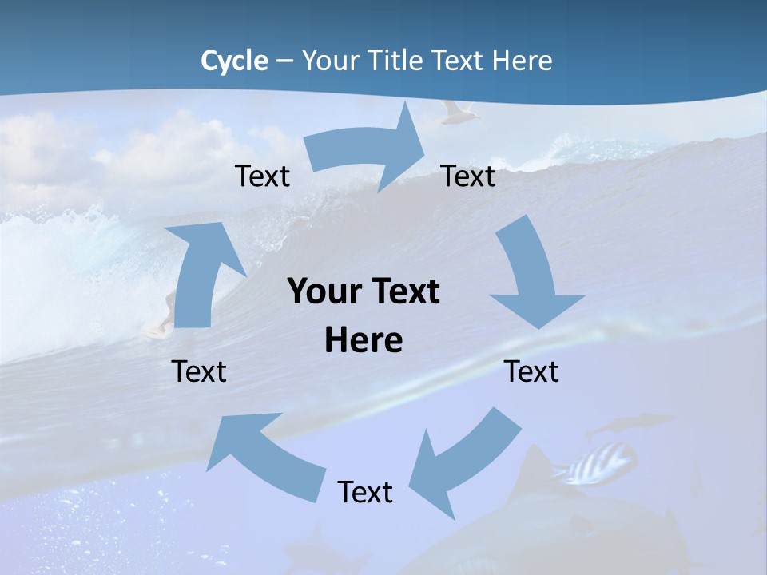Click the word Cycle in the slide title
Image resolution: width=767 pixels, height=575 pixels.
(234, 61)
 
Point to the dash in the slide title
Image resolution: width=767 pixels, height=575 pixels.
(284, 61)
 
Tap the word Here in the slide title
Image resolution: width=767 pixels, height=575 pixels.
(521, 61)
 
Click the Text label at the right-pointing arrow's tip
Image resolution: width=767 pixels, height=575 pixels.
(468, 176)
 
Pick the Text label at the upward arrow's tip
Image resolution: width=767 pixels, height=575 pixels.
(263, 176)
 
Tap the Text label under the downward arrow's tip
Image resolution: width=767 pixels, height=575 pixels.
(531, 371)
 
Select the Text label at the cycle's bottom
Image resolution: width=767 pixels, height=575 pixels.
(365, 492)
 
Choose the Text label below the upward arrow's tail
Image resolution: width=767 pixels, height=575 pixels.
(200, 371)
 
